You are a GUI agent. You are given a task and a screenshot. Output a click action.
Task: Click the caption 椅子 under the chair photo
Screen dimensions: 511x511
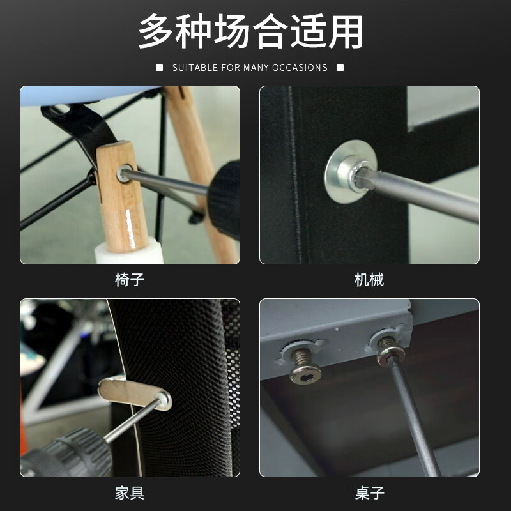point(130,280)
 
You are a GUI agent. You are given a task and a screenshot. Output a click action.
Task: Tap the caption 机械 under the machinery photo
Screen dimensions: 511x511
point(369,280)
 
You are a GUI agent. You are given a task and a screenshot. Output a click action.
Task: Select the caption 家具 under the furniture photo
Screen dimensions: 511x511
point(130,493)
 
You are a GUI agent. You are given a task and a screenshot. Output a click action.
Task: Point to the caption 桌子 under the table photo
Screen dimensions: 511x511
point(369,493)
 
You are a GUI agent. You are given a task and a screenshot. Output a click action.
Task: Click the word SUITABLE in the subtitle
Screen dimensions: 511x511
point(195,68)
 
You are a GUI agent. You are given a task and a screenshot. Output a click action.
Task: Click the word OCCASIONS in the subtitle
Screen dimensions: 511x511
point(300,68)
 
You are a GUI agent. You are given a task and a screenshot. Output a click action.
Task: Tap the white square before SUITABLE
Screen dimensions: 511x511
point(160,68)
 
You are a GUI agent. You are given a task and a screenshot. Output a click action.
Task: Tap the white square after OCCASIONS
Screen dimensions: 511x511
point(340,68)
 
